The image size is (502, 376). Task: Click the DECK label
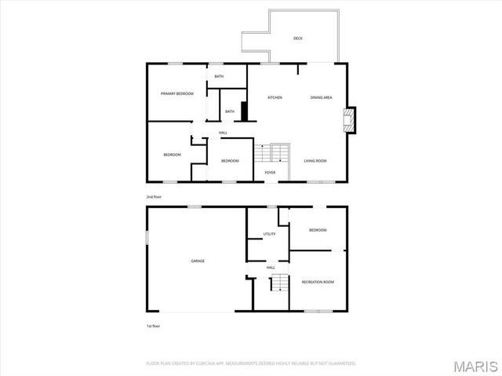[298, 38]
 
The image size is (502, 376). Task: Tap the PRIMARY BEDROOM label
[177, 93]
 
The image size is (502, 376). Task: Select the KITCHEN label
[275, 97]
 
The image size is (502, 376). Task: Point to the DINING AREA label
[322, 97]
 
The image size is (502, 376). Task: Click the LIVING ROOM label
[315, 161]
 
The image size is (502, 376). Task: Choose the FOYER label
[270, 172]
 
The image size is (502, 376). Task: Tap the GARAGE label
[198, 261]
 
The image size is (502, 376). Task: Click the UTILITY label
[269, 234]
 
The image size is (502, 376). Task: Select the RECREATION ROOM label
[318, 282]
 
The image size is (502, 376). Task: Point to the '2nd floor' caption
[154, 196]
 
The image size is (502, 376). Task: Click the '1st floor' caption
[154, 325]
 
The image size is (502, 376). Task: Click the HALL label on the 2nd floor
[224, 133]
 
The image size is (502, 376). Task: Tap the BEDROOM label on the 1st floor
[318, 230]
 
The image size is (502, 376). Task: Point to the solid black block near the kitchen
[244, 111]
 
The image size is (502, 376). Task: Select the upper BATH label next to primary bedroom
[219, 76]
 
